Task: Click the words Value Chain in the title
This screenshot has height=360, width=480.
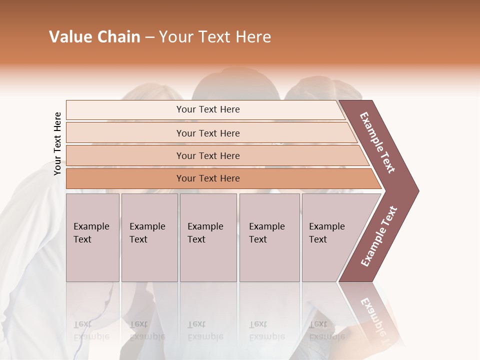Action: (94, 37)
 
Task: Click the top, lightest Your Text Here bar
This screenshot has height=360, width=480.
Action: (208, 109)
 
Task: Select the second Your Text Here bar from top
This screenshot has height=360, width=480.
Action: (208, 133)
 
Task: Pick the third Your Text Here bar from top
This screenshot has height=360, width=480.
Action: (208, 155)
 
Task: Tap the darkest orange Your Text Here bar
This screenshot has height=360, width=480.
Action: (208, 178)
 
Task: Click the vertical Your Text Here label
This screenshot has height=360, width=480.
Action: (57, 143)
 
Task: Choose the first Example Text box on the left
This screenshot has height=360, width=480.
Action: (92, 237)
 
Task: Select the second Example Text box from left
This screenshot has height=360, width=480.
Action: (149, 237)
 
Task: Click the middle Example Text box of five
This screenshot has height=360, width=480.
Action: (208, 237)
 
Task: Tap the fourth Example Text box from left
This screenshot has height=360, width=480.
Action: (269, 237)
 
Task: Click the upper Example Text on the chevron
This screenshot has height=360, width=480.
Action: (377, 142)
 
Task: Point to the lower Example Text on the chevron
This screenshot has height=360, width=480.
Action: (379, 236)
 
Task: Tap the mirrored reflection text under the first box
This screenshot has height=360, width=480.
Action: (91, 330)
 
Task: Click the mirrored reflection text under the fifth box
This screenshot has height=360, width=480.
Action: (326, 330)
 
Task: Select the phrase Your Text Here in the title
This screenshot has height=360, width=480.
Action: (215, 37)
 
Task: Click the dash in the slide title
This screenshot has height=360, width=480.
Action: (149, 37)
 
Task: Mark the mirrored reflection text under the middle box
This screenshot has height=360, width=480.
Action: (205, 330)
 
